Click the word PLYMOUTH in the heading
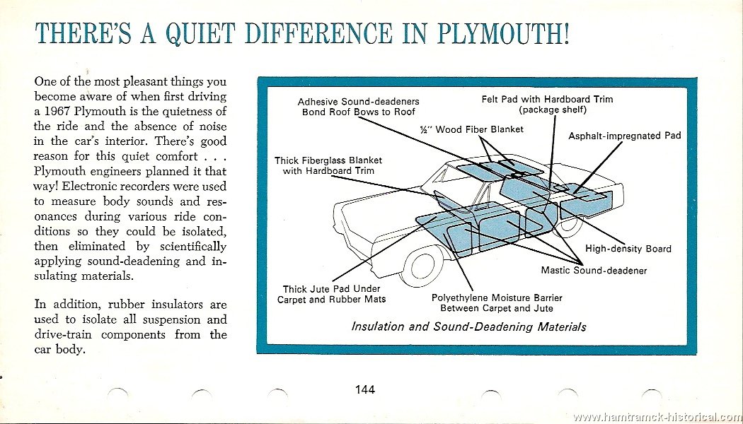(x=502, y=34)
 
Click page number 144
(x=365, y=389)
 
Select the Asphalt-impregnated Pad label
(x=625, y=136)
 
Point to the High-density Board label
(x=628, y=249)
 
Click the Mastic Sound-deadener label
(x=594, y=271)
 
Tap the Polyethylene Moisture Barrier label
(x=497, y=303)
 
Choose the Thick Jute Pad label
(x=331, y=294)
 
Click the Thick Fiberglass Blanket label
(x=328, y=165)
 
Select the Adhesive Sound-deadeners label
(x=358, y=107)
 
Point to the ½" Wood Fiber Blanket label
(x=471, y=129)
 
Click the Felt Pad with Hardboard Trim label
(x=547, y=104)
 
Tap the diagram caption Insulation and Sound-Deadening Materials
(x=468, y=327)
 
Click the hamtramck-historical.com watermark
(x=657, y=418)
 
